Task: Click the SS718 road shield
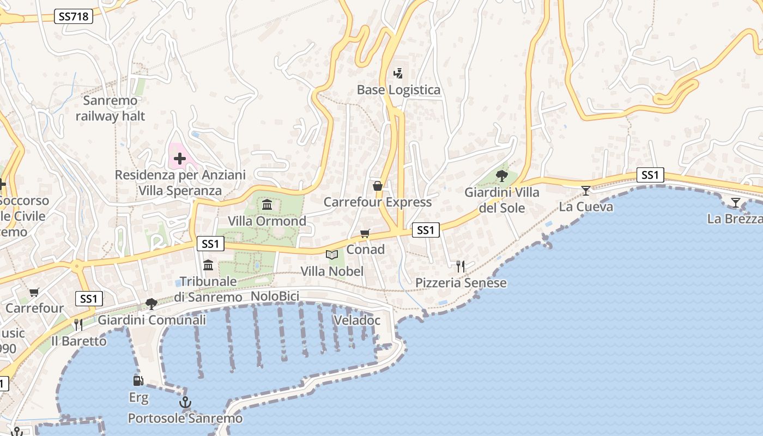pos(74,16)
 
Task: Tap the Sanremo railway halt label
pos(111,108)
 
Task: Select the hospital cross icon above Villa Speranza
pos(179,159)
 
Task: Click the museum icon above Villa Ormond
pos(267,205)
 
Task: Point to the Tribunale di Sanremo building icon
pos(208,265)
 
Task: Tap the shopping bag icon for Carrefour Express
pos(377,186)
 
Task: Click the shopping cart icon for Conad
pos(365,233)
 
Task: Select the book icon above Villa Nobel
pos(331,255)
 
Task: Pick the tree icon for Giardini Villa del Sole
pos(502,175)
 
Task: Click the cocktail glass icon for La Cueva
pos(586,190)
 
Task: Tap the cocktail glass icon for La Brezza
pos(736,203)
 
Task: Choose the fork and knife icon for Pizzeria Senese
pos(461,267)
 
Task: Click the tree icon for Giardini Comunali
pos(152,304)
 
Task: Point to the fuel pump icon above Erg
pos(138,380)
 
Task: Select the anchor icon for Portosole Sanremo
pos(185,403)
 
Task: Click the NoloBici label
pos(275,296)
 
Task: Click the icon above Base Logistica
pos(398,73)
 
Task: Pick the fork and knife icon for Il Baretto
pos(78,325)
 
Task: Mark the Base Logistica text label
pos(398,90)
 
